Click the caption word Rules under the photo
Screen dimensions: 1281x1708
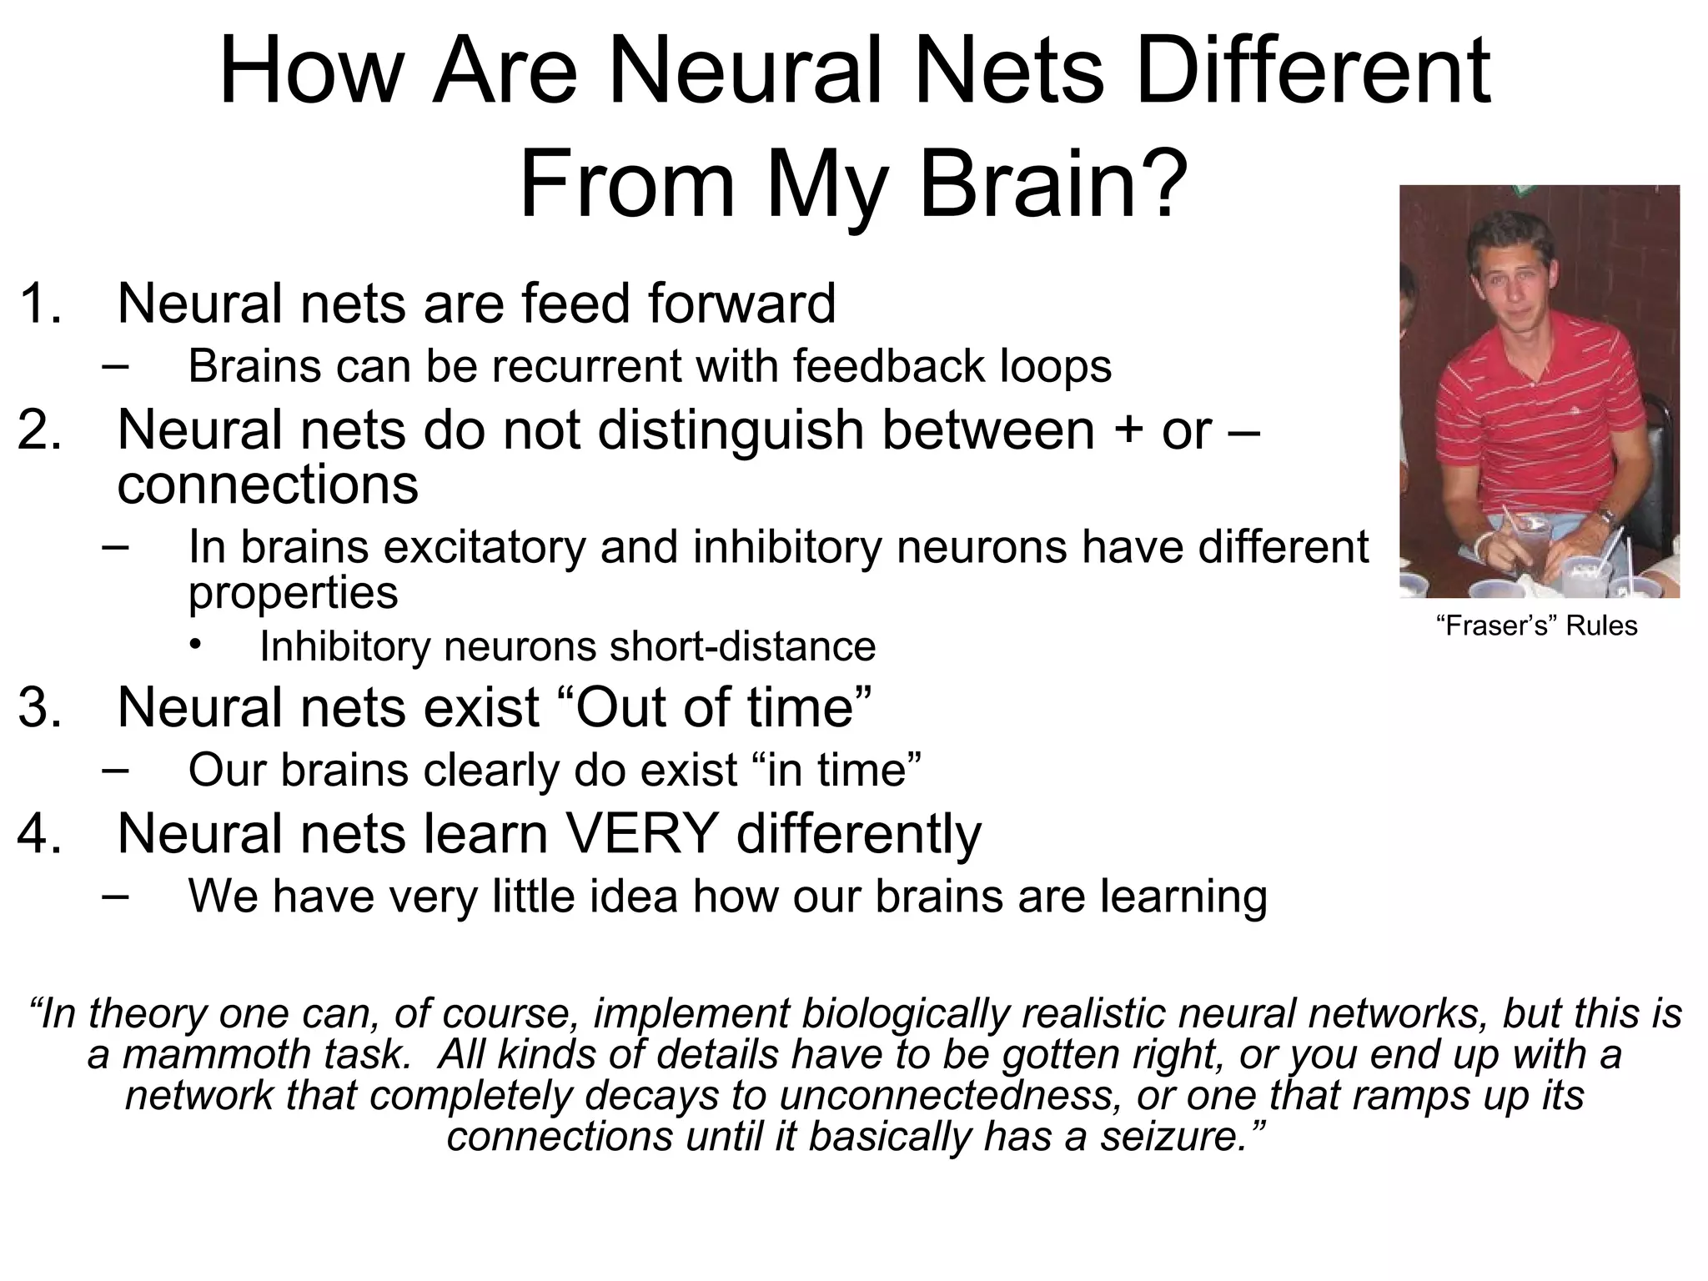pos(1601,625)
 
